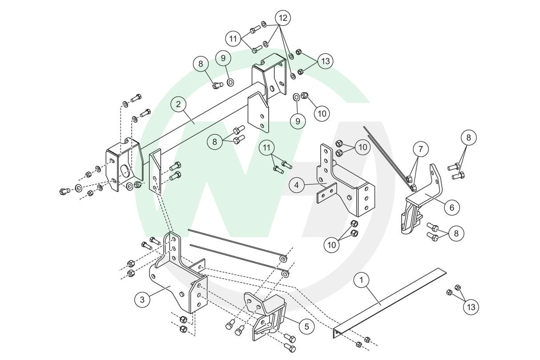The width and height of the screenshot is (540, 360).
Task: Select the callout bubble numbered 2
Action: (178, 105)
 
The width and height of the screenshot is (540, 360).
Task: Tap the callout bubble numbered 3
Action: (142, 299)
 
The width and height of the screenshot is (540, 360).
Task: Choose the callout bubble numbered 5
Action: (306, 326)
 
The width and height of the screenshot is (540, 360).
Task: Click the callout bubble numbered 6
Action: (451, 207)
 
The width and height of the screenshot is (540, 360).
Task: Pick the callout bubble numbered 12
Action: (283, 18)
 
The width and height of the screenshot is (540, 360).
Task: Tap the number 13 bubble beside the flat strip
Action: (471, 307)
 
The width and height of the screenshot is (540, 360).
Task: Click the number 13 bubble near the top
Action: (325, 61)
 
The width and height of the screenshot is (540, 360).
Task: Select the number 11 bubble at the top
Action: (233, 38)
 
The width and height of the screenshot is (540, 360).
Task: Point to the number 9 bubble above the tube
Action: (223, 57)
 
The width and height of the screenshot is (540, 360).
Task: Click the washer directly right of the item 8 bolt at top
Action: (230, 82)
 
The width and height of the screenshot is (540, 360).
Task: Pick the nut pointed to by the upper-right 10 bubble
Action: (305, 96)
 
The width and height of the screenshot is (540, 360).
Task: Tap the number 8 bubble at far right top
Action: (468, 138)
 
